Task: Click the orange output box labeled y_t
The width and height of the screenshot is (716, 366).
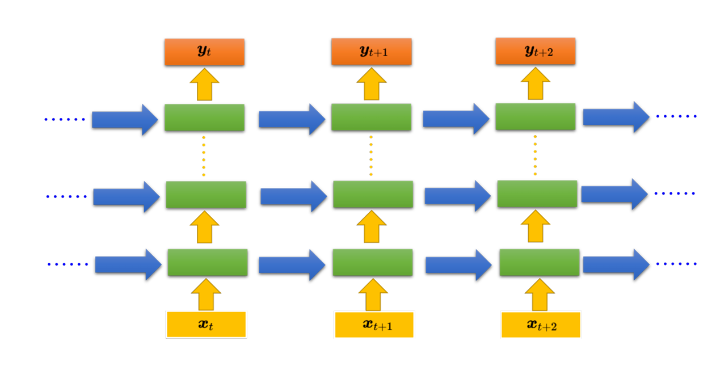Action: point(204,52)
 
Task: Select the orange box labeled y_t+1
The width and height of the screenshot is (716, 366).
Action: point(371,52)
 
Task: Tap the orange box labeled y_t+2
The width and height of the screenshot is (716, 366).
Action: point(535,51)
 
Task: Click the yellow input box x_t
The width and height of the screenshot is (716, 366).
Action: point(206,325)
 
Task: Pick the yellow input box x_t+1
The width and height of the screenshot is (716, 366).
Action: point(374,325)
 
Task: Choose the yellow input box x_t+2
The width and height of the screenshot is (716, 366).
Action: point(540,325)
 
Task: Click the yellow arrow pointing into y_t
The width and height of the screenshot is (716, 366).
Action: point(204,85)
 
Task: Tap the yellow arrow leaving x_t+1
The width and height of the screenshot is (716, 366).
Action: point(373,295)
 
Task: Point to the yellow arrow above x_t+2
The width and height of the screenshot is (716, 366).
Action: point(540,295)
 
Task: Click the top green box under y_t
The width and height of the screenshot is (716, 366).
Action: point(204,117)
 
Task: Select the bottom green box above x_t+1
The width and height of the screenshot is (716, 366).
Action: point(372,262)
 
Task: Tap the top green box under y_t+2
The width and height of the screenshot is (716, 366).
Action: point(535,117)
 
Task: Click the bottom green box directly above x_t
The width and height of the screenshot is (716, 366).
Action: point(207,262)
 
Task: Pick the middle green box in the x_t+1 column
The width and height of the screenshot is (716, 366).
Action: point(373,194)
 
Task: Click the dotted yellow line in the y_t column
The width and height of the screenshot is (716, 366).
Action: point(204,156)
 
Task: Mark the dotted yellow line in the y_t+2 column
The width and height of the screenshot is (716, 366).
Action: point(535,155)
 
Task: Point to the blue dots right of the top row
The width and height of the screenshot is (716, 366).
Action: point(676,116)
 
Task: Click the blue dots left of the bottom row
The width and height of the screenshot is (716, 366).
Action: point(68,264)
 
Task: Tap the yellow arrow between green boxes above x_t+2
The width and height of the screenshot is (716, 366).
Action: point(537,225)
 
